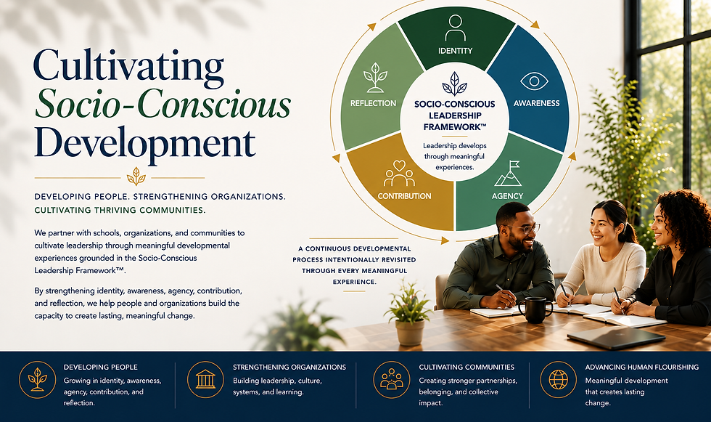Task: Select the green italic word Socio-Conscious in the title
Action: (x=163, y=104)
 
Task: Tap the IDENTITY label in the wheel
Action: (x=456, y=51)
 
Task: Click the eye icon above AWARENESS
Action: (x=534, y=81)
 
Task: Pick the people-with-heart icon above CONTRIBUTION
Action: (x=399, y=174)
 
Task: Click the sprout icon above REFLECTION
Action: (x=375, y=78)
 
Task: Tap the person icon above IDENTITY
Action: (x=456, y=28)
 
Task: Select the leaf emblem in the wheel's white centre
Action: (x=454, y=84)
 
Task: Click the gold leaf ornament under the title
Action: (x=136, y=176)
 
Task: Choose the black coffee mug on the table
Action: (x=535, y=310)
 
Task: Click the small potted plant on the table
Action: (x=409, y=314)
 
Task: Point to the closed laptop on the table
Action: (x=616, y=338)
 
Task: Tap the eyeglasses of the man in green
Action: (x=526, y=229)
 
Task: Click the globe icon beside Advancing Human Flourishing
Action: (x=558, y=380)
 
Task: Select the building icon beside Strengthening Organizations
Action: (x=205, y=380)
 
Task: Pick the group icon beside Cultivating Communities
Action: (x=391, y=380)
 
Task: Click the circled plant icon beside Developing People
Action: (x=37, y=380)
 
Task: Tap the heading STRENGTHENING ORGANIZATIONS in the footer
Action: (x=289, y=367)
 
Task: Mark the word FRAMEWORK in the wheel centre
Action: (x=451, y=128)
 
